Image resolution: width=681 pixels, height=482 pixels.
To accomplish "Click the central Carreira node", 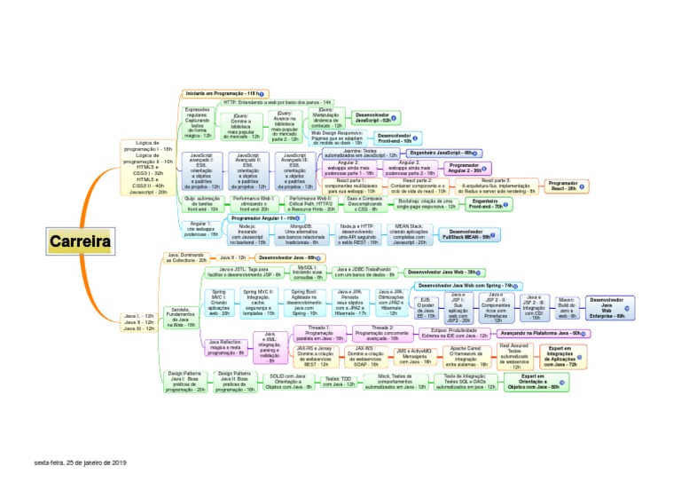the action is tap(80, 241).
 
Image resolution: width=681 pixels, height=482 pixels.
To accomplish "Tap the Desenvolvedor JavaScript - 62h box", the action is tap(376, 116).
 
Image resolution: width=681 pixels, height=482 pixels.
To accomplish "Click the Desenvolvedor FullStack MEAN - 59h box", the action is tap(467, 234).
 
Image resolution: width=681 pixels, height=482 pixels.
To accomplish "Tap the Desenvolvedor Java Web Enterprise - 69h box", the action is tap(607, 307).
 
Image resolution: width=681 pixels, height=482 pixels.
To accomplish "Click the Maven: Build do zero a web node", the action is tap(567, 307).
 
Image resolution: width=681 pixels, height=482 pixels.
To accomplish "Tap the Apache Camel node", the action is tap(465, 356).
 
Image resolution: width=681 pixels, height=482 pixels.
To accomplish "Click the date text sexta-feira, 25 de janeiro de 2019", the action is tap(81, 462).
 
